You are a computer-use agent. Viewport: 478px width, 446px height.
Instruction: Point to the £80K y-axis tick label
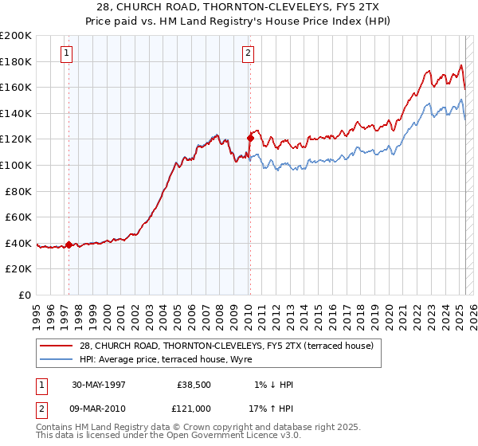coord(18,191)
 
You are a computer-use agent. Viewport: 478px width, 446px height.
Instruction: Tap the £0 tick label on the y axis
coord(25,295)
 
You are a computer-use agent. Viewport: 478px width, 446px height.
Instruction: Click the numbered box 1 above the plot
coord(65,53)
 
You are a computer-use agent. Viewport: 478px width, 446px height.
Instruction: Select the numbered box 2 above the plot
coord(248,53)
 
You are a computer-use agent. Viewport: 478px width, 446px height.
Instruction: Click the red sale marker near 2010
coord(250,138)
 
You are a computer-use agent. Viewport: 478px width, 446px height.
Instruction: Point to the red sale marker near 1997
coord(69,245)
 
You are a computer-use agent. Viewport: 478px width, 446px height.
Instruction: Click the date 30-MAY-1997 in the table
coord(99,385)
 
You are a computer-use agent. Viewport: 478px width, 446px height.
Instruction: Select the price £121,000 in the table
coord(194,409)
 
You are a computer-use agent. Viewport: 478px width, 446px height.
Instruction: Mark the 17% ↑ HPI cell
coord(270,409)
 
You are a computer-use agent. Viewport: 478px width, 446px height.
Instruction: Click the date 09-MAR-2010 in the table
coord(99,409)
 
